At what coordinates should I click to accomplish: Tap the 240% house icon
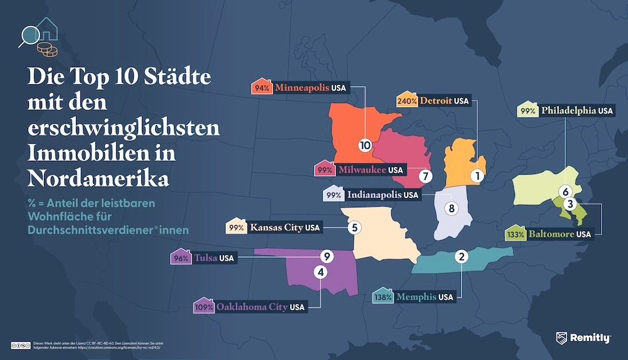tap(404, 100)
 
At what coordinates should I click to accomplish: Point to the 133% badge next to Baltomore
tap(516, 234)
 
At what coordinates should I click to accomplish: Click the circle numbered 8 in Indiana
tap(450, 208)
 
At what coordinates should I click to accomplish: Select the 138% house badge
tap(383, 296)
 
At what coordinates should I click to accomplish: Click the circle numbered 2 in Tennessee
tap(462, 256)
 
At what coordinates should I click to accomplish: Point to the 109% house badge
tap(204, 307)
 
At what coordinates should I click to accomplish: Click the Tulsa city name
tap(203, 258)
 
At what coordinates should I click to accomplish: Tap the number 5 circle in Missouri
tap(355, 227)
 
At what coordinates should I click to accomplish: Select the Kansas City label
tap(276, 227)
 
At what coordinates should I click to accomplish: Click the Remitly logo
tap(583, 338)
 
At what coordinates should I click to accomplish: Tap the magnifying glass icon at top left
tap(28, 35)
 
